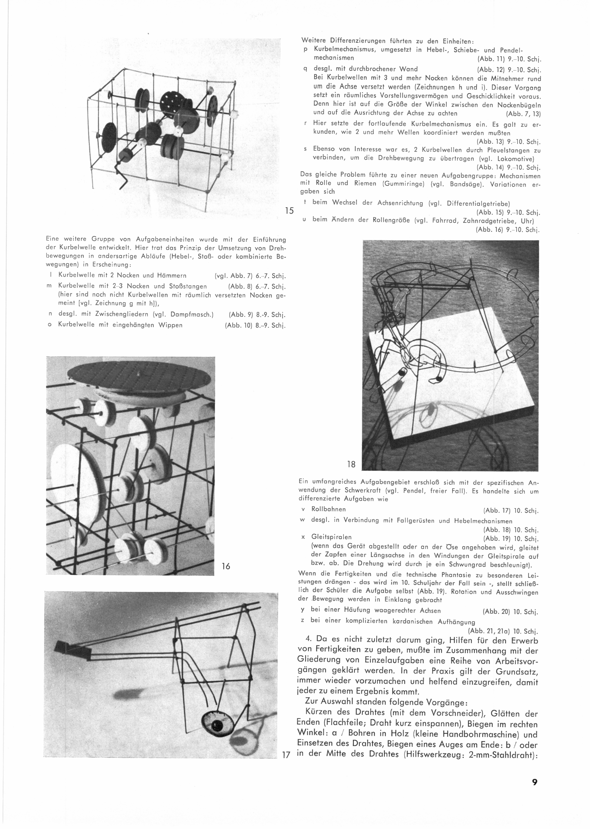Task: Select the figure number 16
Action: tap(226, 566)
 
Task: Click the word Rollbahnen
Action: tap(329, 509)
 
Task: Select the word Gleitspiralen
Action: tap(331, 537)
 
